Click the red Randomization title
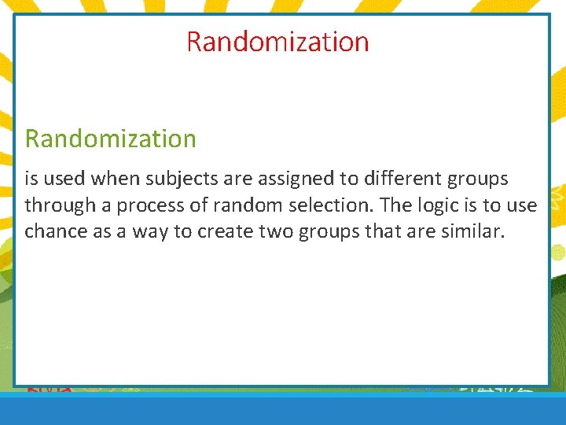click(x=277, y=41)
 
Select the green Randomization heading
click(x=111, y=139)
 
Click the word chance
click(x=51, y=231)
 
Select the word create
click(x=194, y=231)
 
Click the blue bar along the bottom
click(x=283, y=411)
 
